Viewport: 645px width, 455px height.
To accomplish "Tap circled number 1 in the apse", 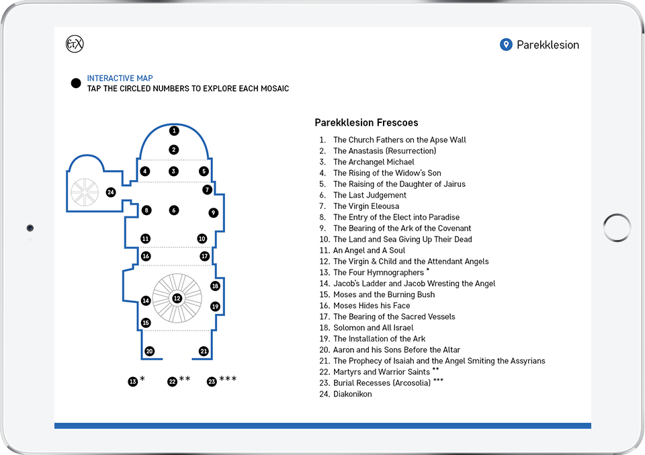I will click(x=174, y=131).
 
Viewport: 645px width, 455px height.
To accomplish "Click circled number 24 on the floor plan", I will click(x=110, y=192).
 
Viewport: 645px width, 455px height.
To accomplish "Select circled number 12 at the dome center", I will click(x=177, y=298).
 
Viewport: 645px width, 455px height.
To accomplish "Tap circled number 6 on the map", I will click(x=174, y=210).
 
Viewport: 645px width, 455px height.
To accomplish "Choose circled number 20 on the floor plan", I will click(x=149, y=351).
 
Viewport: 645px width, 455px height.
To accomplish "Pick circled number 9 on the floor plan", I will click(x=213, y=212).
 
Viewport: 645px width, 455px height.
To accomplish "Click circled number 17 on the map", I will click(x=205, y=256).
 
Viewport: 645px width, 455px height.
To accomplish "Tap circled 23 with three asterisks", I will click(x=212, y=382).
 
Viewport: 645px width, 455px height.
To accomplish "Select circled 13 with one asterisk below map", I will click(x=133, y=382).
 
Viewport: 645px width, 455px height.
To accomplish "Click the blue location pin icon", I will click(x=506, y=45).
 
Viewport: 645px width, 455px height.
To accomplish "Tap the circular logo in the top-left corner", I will click(x=75, y=44).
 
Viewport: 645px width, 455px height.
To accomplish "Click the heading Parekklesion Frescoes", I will click(x=366, y=123).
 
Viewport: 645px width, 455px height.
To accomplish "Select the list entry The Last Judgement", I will click(x=370, y=195).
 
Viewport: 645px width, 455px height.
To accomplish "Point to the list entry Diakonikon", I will click(x=352, y=394).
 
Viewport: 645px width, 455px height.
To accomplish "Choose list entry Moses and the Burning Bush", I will click(x=384, y=294).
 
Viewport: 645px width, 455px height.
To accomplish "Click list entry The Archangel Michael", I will click(x=374, y=162).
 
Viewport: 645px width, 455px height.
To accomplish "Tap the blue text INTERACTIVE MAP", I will click(x=120, y=78).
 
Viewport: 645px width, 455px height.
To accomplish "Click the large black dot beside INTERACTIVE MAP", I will click(x=76, y=83).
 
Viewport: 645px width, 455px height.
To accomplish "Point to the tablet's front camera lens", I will click(x=30, y=228).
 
